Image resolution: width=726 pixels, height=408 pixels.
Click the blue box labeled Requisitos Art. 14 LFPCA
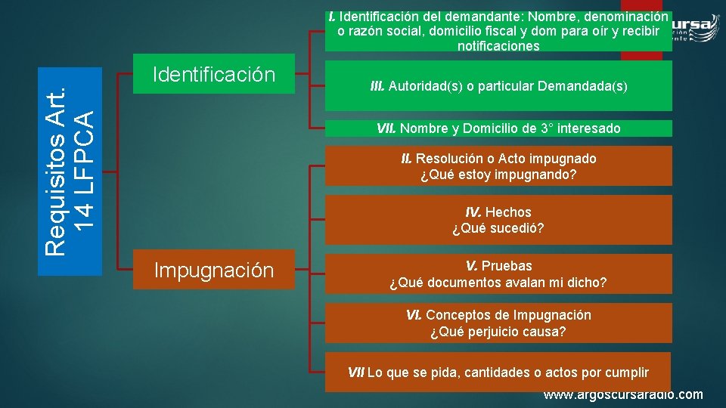(x=70, y=172)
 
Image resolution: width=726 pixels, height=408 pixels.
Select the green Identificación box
(x=213, y=74)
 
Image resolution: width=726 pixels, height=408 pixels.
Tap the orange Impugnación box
(x=213, y=270)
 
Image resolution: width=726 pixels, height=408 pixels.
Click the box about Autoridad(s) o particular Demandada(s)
(x=498, y=86)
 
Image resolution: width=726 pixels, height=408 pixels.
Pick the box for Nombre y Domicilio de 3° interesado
(x=498, y=128)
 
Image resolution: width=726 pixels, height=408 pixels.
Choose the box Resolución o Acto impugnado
(x=498, y=166)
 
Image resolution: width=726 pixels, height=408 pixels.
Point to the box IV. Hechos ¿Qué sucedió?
(x=498, y=220)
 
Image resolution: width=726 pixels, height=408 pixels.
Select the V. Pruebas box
(x=498, y=274)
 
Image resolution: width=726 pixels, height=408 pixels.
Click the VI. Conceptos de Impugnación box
(x=498, y=323)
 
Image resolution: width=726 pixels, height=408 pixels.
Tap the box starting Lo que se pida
(x=498, y=372)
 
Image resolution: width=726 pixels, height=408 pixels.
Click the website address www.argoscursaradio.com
(x=623, y=395)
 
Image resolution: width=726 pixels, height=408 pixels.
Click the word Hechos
(x=510, y=212)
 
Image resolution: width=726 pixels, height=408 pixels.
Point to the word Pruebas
(x=507, y=266)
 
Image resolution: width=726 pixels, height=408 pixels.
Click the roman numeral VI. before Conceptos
(x=414, y=315)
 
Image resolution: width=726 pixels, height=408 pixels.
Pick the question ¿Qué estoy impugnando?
(x=498, y=175)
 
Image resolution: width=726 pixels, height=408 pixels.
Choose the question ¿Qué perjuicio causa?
(x=498, y=332)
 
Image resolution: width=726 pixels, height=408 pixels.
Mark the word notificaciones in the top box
(x=498, y=46)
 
